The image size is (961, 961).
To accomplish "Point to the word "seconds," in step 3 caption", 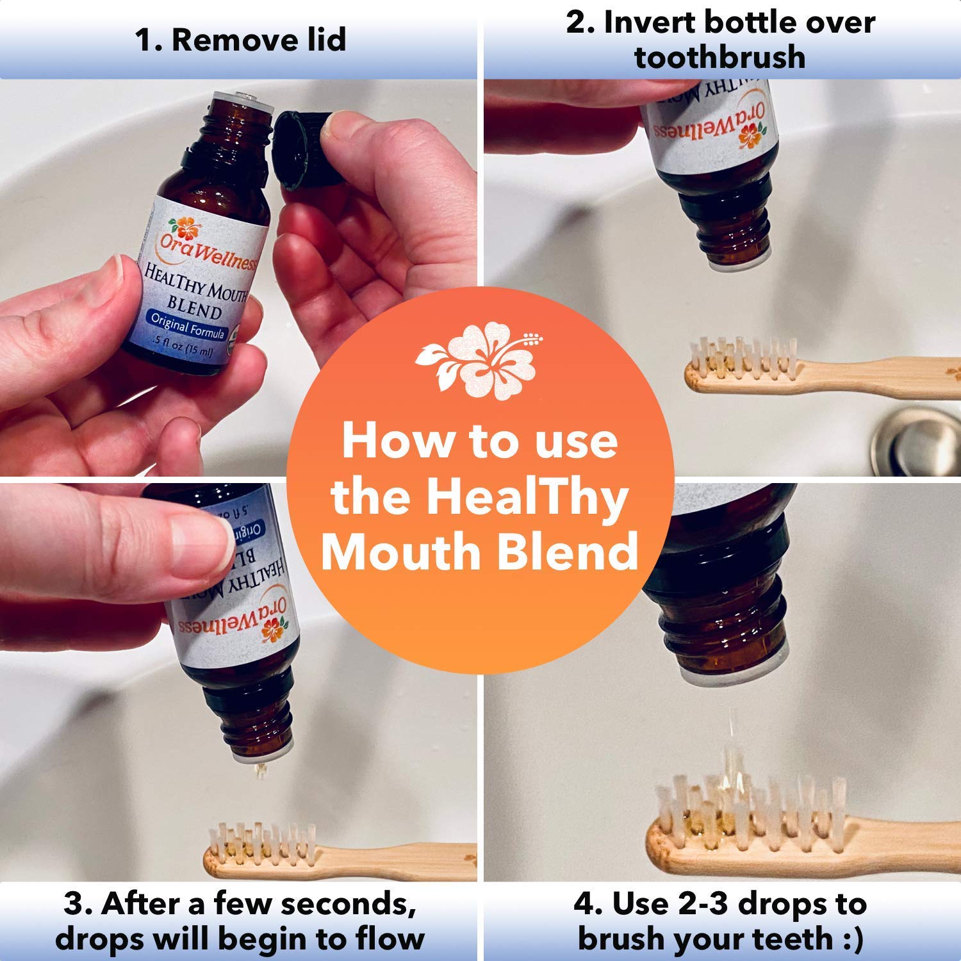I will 349,904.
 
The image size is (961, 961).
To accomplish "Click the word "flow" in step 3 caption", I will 388,939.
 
